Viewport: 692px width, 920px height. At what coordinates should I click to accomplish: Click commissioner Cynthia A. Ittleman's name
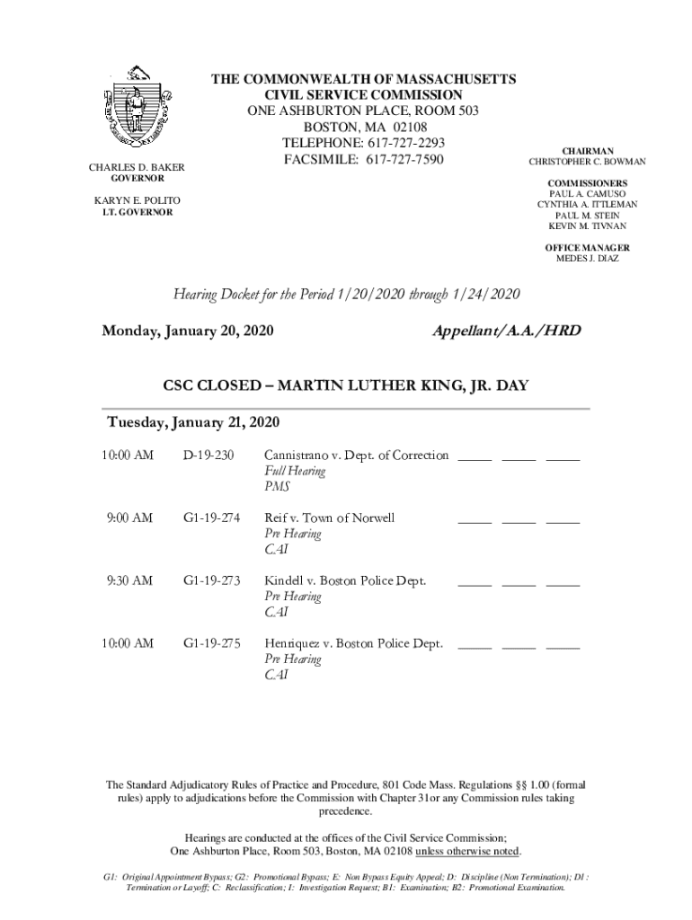coord(588,205)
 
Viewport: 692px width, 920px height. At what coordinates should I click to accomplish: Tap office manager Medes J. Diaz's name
coord(587,259)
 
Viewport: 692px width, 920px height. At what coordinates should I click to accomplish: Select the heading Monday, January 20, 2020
coord(188,332)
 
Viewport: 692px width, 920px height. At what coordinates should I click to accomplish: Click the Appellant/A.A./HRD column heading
coord(507,332)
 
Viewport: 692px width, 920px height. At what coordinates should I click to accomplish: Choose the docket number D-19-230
coord(208,456)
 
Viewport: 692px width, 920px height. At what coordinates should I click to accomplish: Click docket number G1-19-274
coord(212,518)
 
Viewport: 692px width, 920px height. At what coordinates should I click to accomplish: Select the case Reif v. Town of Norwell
coord(329,518)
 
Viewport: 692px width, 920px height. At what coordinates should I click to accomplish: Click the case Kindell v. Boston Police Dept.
coord(344,580)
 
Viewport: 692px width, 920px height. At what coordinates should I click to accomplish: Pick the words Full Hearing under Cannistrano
coord(295,471)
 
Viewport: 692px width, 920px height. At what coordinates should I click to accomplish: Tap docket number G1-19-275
coord(212,643)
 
